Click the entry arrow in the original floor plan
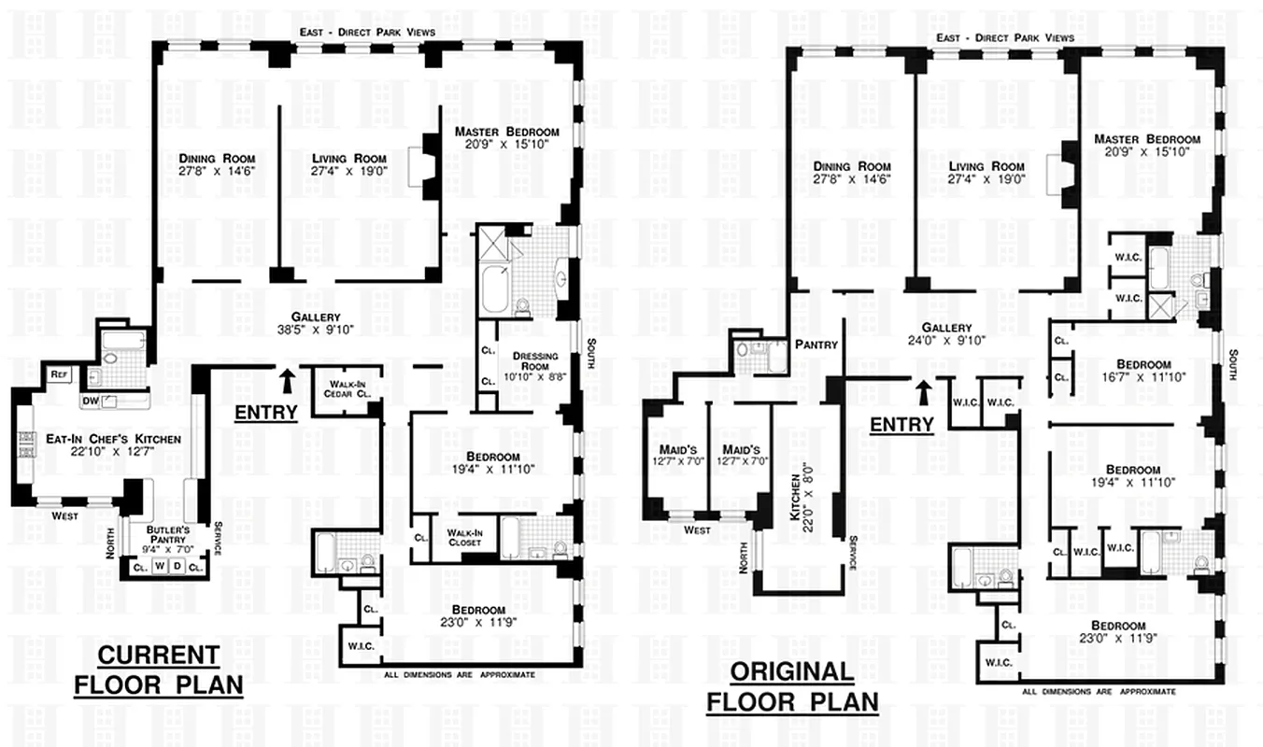point(923,391)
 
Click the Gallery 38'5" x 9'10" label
point(316,323)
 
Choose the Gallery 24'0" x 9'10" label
point(946,333)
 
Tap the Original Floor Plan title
point(792,686)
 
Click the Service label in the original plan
point(853,551)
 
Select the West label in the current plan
point(65,515)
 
